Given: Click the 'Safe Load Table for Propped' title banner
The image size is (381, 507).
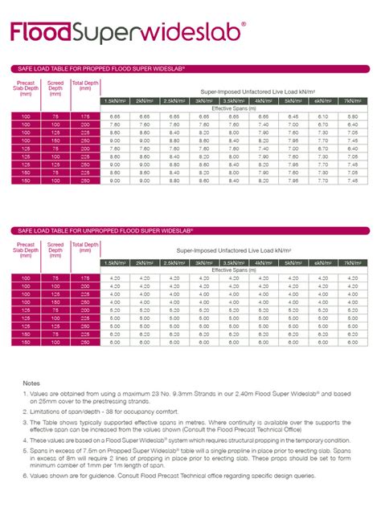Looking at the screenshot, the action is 96,68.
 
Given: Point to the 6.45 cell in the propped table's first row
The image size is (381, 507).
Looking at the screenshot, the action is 292,117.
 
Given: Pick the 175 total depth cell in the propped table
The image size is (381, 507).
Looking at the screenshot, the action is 84,117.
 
